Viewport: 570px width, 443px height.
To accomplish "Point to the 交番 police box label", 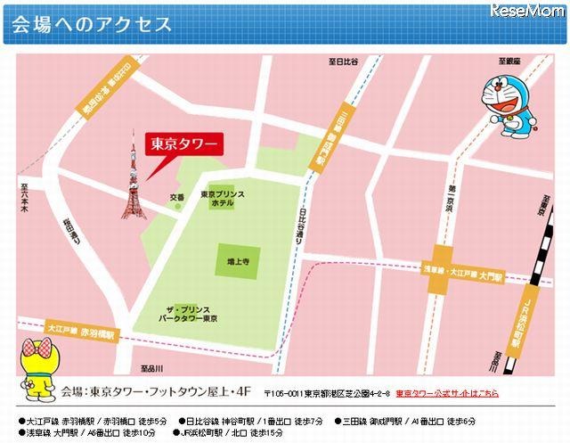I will pyautogui.click(x=177, y=196).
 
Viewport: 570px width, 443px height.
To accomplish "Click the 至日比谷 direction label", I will pyautogui.click(x=343, y=61).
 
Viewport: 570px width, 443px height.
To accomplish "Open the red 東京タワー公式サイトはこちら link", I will pyautogui.click(x=448, y=393).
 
